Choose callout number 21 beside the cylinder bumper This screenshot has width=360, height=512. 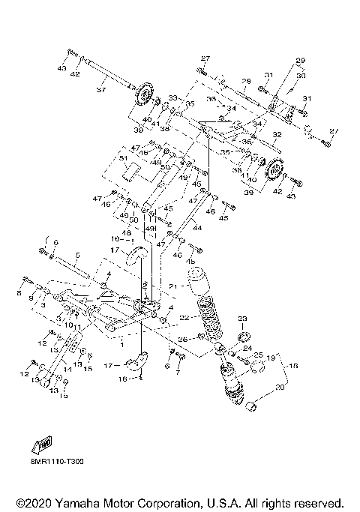pyautogui.click(x=172, y=286)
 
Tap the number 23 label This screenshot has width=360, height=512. pyautogui.click(x=242, y=319)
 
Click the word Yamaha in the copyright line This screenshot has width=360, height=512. pyautogui.click(x=78, y=502)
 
